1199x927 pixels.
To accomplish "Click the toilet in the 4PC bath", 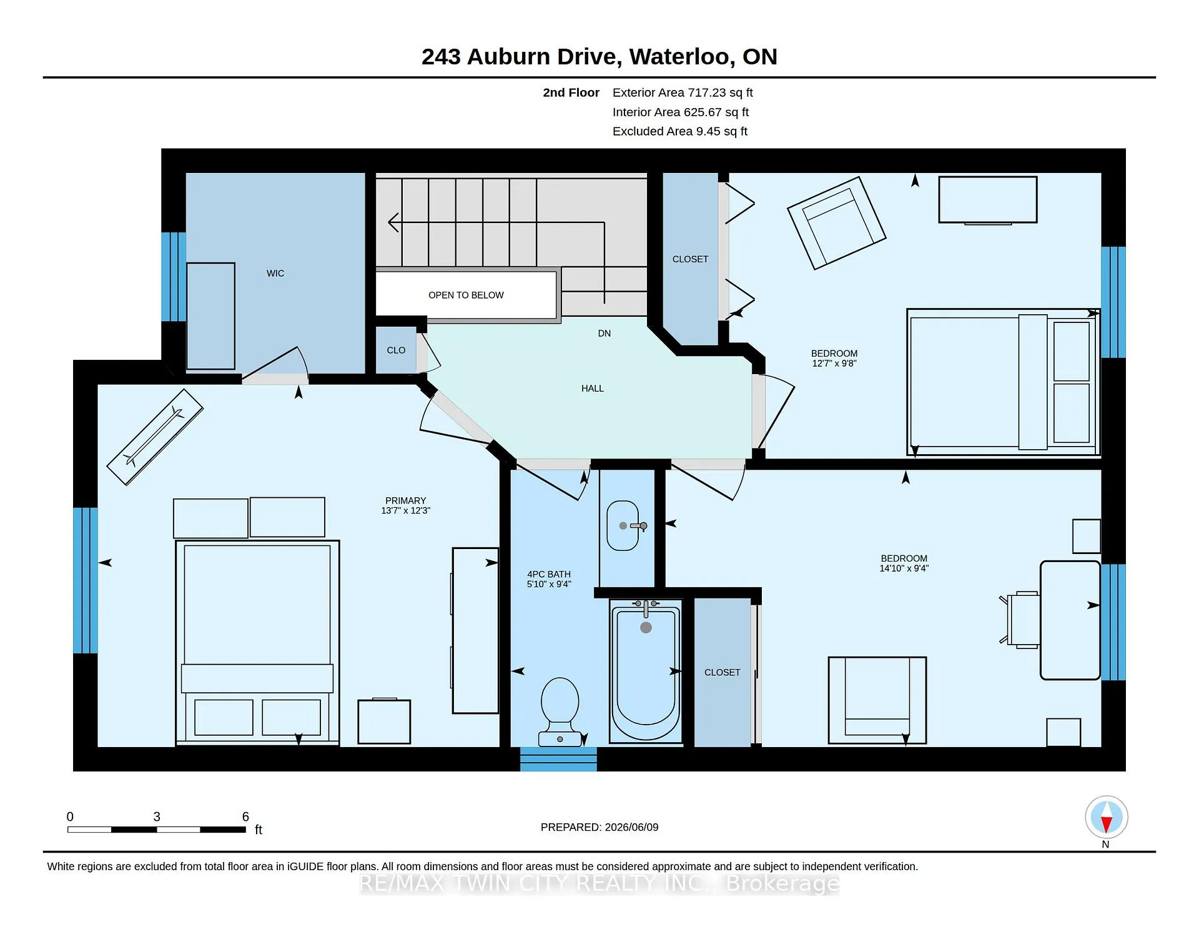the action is pyautogui.click(x=560, y=712).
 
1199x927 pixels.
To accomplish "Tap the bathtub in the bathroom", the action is pyautogui.click(x=646, y=672).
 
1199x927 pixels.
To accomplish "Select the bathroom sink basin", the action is pyautogui.click(x=623, y=525).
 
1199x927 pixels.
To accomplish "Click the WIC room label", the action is pyautogui.click(x=275, y=274).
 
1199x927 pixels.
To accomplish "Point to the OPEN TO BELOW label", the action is pyautogui.click(x=466, y=295).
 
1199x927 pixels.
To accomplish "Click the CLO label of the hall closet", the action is pyautogui.click(x=396, y=350).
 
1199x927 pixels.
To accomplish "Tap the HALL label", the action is pyautogui.click(x=593, y=389).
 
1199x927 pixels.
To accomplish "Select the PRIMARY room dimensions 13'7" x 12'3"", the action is pyautogui.click(x=406, y=511).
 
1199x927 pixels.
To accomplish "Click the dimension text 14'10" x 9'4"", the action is pyautogui.click(x=904, y=568).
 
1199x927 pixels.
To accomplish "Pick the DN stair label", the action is pyautogui.click(x=604, y=334).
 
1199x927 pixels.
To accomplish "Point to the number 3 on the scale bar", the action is pyautogui.click(x=157, y=817).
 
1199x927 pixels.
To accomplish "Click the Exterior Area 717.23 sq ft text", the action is pyautogui.click(x=683, y=92).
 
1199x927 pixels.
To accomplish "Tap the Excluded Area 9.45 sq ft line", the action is pyautogui.click(x=680, y=131).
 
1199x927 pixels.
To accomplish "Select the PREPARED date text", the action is pyautogui.click(x=599, y=827).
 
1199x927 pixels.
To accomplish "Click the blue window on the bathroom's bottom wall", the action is pyautogui.click(x=558, y=759).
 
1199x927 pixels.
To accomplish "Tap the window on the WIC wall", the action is pyautogui.click(x=174, y=277).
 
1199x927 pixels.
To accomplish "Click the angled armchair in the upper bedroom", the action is pyautogui.click(x=837, y=223).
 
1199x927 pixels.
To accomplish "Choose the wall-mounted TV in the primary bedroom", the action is pyautogui.click(x=155, y=437).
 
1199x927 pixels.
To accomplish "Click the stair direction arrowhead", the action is pyautogui.click(x=393, y=222).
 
